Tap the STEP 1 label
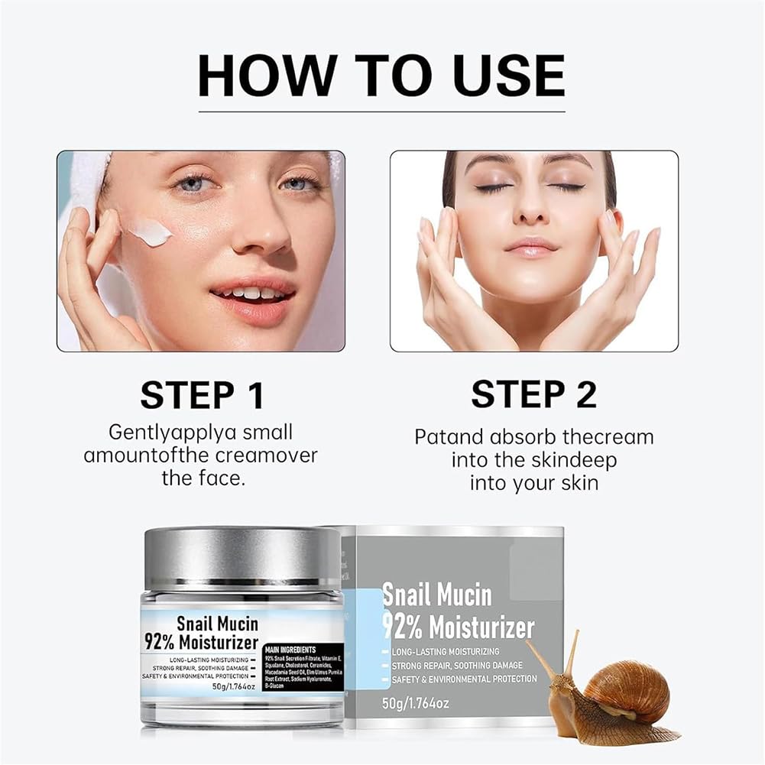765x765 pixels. [202, 394]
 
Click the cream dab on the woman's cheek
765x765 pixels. [149, 232]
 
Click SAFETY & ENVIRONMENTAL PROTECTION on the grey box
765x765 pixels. [465, 679]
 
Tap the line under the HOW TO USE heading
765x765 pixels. [381, 112]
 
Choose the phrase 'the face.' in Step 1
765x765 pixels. [200, 479]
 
